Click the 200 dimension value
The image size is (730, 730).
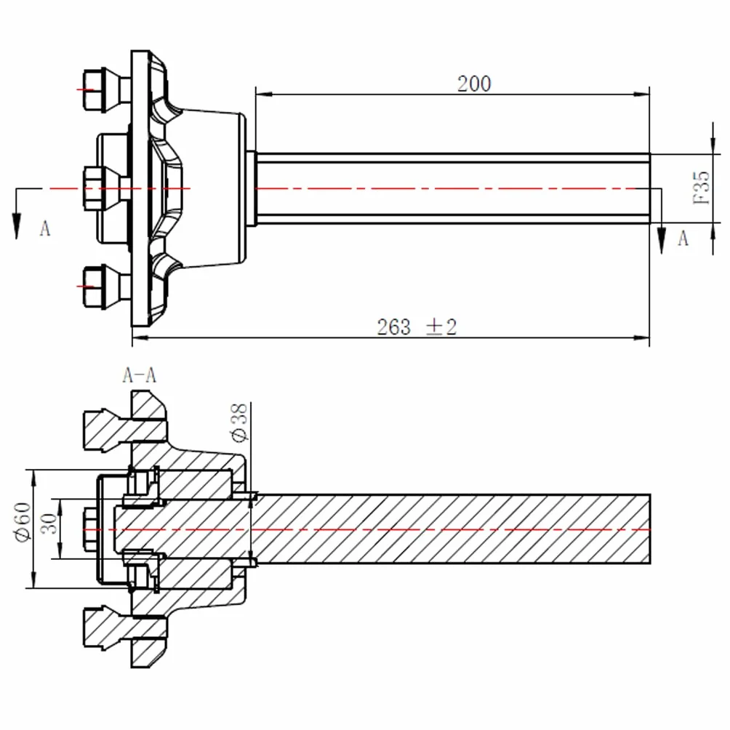click(474, 84)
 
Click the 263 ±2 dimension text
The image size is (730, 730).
click(417, 326)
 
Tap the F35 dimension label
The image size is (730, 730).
click(702, 188)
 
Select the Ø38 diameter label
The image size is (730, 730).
click(239, 422)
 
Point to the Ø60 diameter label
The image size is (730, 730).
click(23, 522)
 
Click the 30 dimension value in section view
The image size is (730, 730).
click(49, 524)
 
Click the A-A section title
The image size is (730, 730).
click(139, 374)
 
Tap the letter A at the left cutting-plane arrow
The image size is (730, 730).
click(44, 228)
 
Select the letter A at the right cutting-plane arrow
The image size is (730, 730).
click(683, 238)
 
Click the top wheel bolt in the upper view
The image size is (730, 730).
click(107, 91)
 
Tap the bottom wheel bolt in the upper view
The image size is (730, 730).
click(107, 286)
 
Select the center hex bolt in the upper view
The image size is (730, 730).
click(107, 188)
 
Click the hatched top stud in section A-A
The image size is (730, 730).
click(125, 430)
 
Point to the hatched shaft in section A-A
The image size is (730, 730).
click(451, 529)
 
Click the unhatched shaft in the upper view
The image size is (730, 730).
click(452, 188)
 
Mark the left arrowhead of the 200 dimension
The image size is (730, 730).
click(263, 95)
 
